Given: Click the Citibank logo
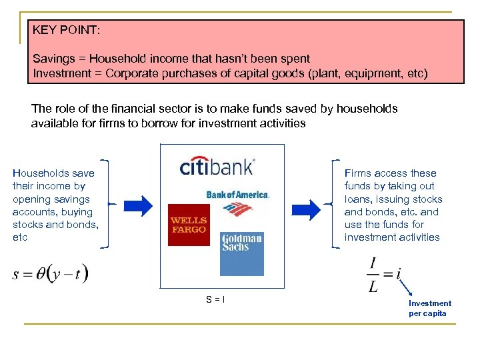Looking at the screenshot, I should point(217,165).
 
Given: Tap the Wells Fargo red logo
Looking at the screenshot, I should point(189,225).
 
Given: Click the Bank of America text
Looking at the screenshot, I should point(238,195).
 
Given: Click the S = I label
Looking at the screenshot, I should point(215,299).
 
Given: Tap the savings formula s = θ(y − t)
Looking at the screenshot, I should point(51,273).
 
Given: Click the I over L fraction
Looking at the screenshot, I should point(373,274).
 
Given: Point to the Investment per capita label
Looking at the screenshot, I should point(429,308).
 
